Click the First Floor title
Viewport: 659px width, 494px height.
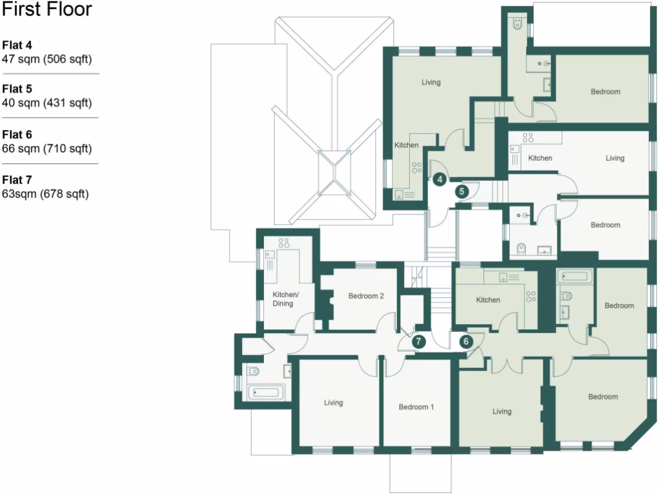tap(47, 10)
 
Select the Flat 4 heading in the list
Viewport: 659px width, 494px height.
tap(17, 45)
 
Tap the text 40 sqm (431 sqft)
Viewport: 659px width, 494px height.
tap(47, 103)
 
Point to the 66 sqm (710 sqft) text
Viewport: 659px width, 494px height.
tap(47, 149)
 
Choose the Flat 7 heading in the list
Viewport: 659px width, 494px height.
tap(17, 179)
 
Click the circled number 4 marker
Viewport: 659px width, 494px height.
tap(440, 179)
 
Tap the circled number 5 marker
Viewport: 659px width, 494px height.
tap(461, 191)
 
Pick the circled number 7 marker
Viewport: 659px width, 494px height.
tap(418, 342)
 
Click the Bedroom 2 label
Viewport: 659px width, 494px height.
tap(366, 297)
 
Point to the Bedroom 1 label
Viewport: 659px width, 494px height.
tap(416, 407)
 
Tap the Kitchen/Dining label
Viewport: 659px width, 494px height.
tap(283, 299)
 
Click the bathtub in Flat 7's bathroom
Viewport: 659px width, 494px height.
tap(266, 391)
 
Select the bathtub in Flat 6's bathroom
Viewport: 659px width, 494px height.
tap(575, 277)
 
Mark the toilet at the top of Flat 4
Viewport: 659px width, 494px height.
tap(518, 25)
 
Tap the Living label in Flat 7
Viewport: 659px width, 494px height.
tap(333, 403)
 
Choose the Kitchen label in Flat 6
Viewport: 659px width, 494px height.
tap(487, 300)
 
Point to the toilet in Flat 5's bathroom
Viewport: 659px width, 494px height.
tap(523, 247)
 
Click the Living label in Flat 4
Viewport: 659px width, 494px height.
tap(431, 82)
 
